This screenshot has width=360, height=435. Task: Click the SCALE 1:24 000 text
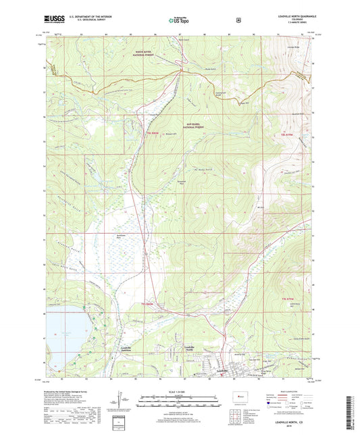point(180,396)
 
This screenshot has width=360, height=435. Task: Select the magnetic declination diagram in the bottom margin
point(131,403)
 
